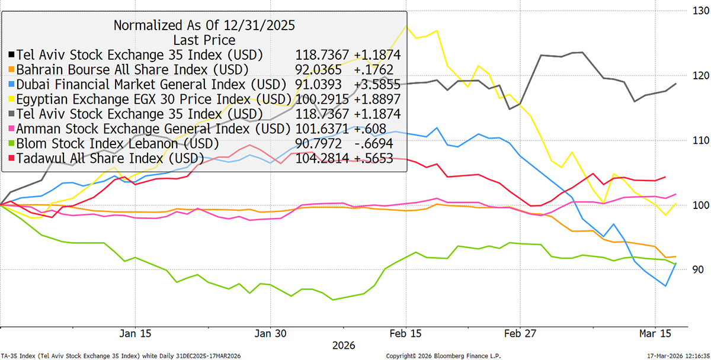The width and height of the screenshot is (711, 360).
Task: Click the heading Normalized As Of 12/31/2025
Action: [204, 25]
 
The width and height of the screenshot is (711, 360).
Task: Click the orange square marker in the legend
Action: [11, 70]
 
